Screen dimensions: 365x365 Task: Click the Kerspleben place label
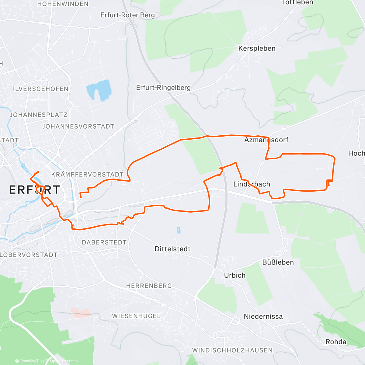pyautogui.click(x=257, y=48)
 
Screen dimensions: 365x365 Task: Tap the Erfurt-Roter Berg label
pyautogui.click(x=127, y=15)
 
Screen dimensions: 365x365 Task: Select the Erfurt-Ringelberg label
pyautogui.click(x=163, y=88)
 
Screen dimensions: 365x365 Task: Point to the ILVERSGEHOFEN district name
pyautogui.click(x=40, y=89)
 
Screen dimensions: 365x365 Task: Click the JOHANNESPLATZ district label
pyautogui.click(x=39, y=115)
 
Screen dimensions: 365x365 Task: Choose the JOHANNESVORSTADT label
pyautogui.click(x=78, y=126)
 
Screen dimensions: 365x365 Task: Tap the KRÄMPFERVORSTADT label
pyautogui.click(x=87, y=175)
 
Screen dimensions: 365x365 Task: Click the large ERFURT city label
pyautogui.click(x=35, y=190)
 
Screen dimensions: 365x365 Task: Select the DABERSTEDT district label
pyautogui.click(x=104, y=242)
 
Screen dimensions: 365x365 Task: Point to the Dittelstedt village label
pyautogui.click(x=172, y=249)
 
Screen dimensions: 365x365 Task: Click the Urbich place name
pyautogui.click(x=235, y=275)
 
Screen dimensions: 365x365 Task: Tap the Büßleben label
pyautogui.click(x=278, y=262)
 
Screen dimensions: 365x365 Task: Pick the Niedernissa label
pyautogui.click(x=263, y=316)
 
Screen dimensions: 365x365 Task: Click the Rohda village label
pyautogui.click(x=336, y=342)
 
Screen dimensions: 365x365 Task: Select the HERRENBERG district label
pyautogui.click(x=149, y=286)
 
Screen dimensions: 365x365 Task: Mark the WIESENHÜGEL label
pyautogui.click(x=136, y=316)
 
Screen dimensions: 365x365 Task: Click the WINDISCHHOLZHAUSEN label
pyautogui.click(x=232, y=350)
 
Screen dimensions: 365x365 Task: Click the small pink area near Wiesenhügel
pyautogui.click(x=81, y=313)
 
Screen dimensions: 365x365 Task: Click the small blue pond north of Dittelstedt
pyautogui.click(x=179, y=230)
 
